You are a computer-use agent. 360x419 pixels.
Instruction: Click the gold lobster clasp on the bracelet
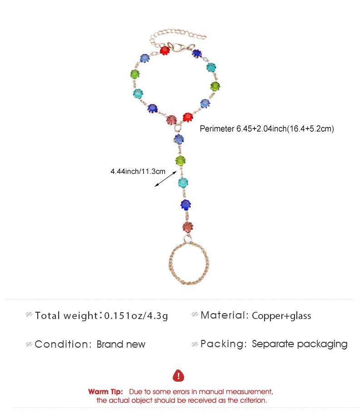point(177,47)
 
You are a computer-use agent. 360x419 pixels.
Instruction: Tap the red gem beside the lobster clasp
point(165,50)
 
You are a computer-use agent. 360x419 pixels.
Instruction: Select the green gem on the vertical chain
point(180,160)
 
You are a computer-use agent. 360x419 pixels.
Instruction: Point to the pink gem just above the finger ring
point(188,227)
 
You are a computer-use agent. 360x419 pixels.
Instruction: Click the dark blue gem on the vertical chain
point(185,205)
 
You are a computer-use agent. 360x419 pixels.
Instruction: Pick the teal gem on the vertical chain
point(183,183)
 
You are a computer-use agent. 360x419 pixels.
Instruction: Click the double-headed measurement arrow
point(166,179)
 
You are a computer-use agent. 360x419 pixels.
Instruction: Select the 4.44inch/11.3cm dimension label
point(138,171)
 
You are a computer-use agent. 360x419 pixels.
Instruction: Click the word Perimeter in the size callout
point(217,129)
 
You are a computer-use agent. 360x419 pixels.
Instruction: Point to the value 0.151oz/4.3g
point(136,315)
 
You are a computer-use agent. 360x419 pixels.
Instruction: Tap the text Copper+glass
point(281,316)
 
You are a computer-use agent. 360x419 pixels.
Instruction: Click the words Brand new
point(121,344)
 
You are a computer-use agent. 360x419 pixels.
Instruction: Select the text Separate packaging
point(300,344)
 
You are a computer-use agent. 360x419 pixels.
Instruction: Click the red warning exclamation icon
point(179,375)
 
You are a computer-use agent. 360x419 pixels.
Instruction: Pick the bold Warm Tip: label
point(105,392)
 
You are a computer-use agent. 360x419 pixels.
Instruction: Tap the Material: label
point(225,315)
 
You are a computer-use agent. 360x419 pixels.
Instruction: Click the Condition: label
point(63,344)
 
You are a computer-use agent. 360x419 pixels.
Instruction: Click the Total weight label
point(66,315)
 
